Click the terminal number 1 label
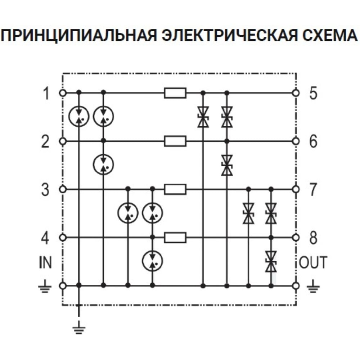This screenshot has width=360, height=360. pyautogui.click(x=46, y=93)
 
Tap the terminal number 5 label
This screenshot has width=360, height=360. pyautogui.click(x=313, y=93)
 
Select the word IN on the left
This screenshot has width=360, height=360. pyautogui.click(x=45, y=262)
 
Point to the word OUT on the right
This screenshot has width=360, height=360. pyautogui.click(x=313, y=262)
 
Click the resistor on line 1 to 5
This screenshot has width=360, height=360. pyautogui.click(x=175, y=93)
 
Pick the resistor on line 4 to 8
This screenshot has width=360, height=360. pyautogui.click(x=175, y=237)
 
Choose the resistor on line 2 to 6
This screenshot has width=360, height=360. pyautogui.click(x=175, y=141)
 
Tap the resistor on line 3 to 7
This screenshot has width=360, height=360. pyautogui.click(x=175, y=189)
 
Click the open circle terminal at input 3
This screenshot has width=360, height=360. pyautogui.click(x=63, y=189)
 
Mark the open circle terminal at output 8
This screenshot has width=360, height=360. pyautogui.click(x=296, y=237)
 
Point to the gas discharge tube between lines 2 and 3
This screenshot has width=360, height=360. pyautogui.click(x=103, y=165)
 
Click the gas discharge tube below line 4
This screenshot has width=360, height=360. pyautogui.click(x=152, y=261)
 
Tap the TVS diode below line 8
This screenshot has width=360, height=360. pyautogui.click(x=271, y=262)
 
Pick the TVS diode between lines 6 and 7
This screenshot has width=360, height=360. pyautogui.click(x=227, y=165)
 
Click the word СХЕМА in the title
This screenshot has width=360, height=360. pyautogui.click(x=330, y=36)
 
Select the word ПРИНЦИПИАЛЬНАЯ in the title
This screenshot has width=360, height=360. pyautogui.click(x=80, y=36)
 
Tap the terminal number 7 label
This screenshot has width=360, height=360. pyautogui.click(x=313, y=190)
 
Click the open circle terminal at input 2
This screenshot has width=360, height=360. pyautogui.click(x=63, y=141)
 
